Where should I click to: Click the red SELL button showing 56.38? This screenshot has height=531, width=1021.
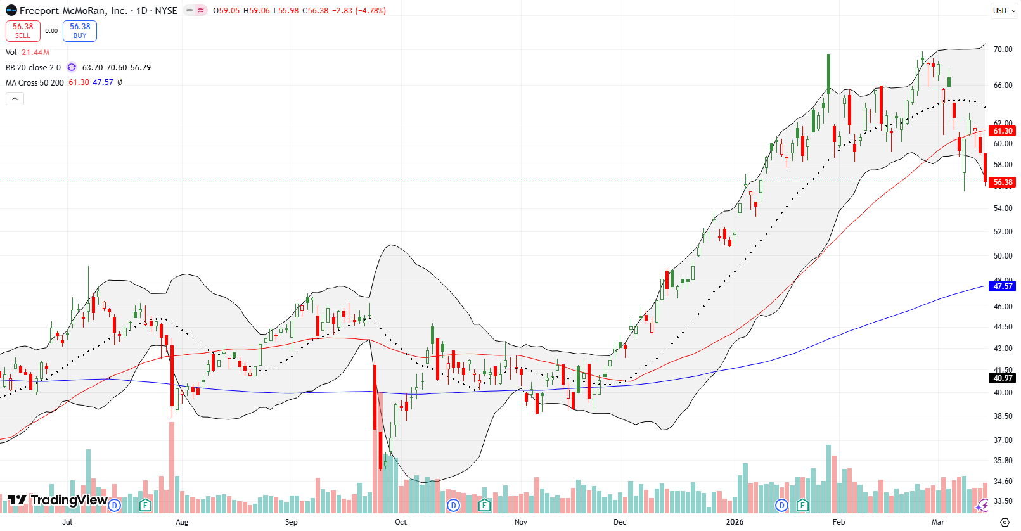click(23, 30)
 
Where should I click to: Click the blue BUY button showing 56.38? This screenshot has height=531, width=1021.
click(80, 30)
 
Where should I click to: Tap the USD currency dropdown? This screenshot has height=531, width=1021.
click(1004, 10)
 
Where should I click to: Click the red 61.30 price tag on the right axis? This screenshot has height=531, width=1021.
click(1003, 131)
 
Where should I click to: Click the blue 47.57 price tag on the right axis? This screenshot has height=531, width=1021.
click(1003, 286)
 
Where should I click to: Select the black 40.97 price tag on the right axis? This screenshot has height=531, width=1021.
click(1003, 378)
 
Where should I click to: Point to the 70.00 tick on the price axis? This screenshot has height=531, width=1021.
click(1003, 49)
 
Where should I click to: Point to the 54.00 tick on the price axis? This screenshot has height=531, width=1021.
click(1003, 208)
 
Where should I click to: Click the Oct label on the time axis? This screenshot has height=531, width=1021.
click(401, 522)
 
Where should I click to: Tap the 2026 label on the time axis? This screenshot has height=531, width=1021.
click(735, 522)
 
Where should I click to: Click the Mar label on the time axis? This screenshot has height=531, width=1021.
click(937, 522)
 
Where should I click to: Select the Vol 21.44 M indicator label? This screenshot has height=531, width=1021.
click(27, 53)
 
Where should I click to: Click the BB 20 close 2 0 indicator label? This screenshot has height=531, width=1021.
click(33, 68)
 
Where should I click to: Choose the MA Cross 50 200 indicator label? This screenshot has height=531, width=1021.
click(35, 83)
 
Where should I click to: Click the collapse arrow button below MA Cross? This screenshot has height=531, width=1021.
click(15, 98)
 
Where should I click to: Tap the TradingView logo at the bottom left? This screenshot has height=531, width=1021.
click(57, 500)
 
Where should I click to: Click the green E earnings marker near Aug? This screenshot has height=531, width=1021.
click(146, 505)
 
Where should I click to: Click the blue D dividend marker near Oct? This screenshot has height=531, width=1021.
click(453, 505)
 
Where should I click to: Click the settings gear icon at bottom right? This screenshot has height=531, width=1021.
click(1005, 522)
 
